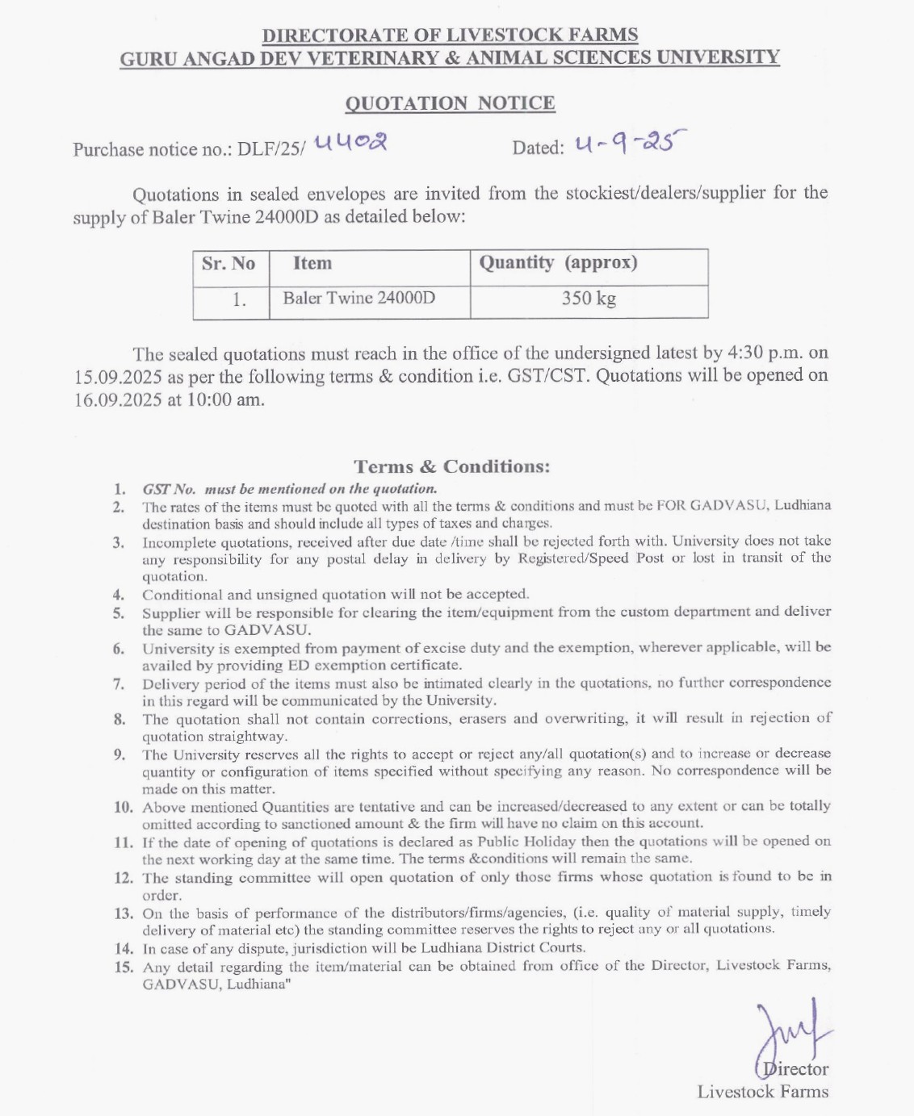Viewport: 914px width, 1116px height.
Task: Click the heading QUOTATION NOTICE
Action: [x=450, y=103]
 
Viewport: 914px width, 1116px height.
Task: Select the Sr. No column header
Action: [x=228, y=264]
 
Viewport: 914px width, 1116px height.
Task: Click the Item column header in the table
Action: [x=312, y=264]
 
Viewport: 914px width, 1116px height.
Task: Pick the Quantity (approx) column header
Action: [x=558, y=263]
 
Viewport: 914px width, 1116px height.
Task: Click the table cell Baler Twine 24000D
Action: [x=358, y=298]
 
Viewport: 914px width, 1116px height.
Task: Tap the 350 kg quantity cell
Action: [x=589, y=299]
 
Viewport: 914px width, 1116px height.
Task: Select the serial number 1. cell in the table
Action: [x=239, y=299]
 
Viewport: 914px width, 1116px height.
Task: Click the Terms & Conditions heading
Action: [x=451, y=466]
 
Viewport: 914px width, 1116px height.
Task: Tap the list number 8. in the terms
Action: [x=119, y=719]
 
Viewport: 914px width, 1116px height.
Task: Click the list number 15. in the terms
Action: [x=124, y=967]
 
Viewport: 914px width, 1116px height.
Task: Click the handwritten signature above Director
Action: [x=788, y=1036]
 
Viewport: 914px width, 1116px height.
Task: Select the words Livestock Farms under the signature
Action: [x=763, y=1092]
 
